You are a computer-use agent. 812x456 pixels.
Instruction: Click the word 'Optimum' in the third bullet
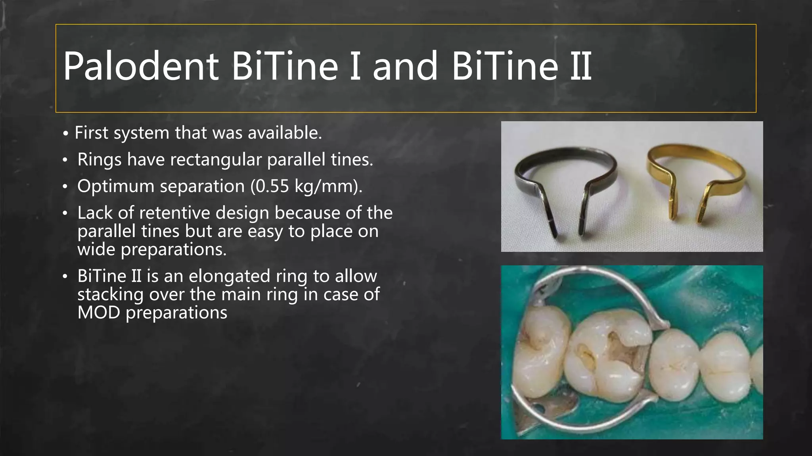[115, 186]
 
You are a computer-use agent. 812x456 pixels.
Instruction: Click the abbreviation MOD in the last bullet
[98, 312]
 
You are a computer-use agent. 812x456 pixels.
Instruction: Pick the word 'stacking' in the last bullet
[110, 294]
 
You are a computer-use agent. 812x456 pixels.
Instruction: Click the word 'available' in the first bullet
[284, 133]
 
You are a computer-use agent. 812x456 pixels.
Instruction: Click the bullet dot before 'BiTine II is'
[65, 277]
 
